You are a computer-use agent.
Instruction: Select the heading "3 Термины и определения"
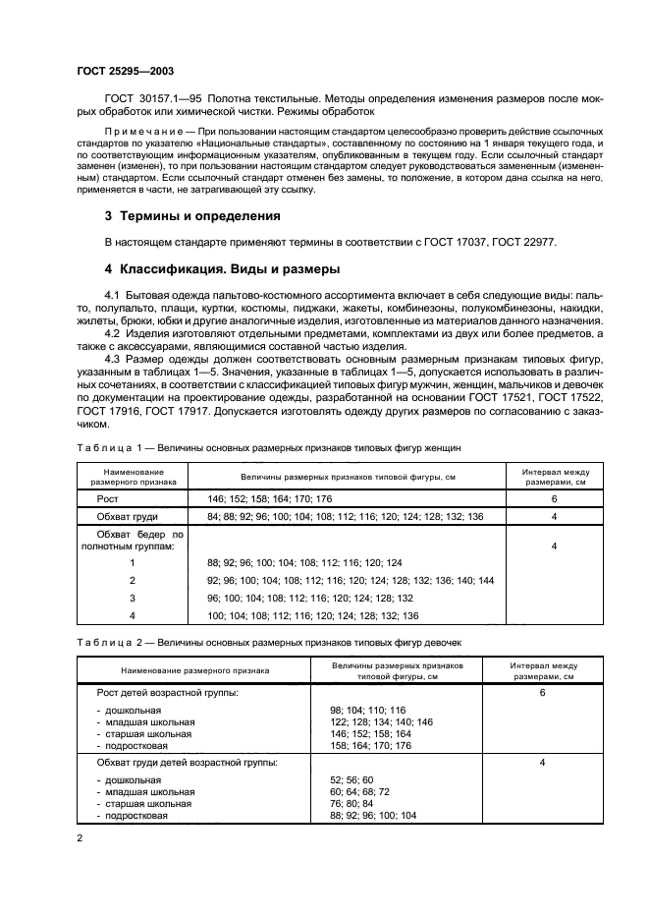point(192,215)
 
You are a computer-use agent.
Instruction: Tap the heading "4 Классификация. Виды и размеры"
point(222,268)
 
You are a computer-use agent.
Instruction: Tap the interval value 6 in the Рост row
point(554,499)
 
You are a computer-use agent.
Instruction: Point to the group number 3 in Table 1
point(132,597)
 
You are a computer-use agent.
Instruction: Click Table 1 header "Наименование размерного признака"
point(132,477)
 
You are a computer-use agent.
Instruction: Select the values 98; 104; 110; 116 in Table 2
point(369,709)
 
